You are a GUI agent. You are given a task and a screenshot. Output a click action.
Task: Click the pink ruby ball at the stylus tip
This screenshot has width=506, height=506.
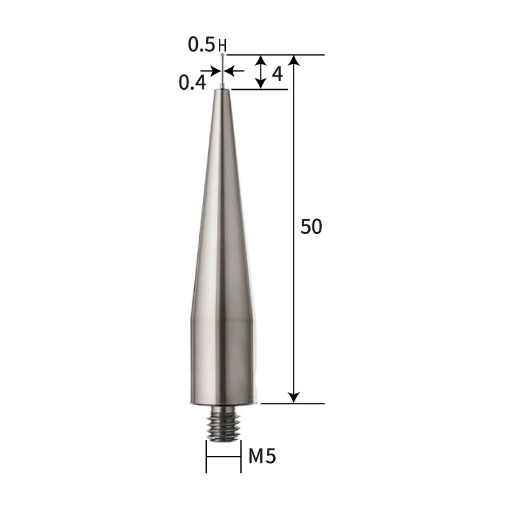click(223, 56)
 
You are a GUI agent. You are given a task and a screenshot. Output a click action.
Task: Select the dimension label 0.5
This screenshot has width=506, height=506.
click(202, 44)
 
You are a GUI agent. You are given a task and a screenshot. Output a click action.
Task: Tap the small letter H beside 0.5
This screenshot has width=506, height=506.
click(221, 46)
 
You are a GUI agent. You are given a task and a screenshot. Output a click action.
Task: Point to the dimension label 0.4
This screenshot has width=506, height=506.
click(192, 82)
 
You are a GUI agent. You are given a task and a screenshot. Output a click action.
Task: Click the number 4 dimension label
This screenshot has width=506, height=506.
click(276, 73)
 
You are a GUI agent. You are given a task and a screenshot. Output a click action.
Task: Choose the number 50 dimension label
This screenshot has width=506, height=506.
click(311, 227)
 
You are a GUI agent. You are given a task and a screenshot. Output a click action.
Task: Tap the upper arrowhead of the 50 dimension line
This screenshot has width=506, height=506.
click(293, 61)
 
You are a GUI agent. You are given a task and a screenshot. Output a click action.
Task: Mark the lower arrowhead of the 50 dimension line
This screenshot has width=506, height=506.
click(293, 397)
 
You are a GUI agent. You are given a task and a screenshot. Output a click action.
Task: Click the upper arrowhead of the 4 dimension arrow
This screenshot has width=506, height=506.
click(261, 60)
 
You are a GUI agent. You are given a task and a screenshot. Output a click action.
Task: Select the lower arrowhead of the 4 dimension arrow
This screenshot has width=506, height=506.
click(261, 83)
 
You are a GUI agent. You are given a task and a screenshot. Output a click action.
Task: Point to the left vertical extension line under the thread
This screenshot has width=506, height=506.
click(206, 457)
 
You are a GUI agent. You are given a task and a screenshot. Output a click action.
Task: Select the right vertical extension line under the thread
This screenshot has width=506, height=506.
click(241, 457)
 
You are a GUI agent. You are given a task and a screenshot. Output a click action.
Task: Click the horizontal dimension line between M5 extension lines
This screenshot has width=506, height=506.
click(223, 457)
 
